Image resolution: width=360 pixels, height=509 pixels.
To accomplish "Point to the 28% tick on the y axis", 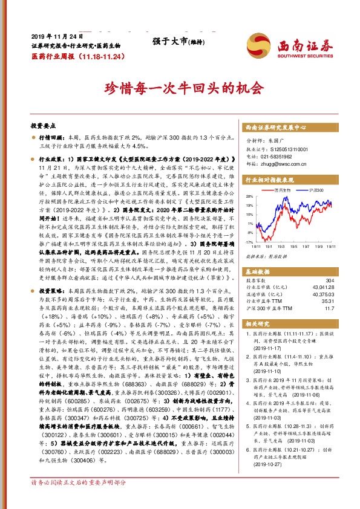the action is click(x=250, y=197).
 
